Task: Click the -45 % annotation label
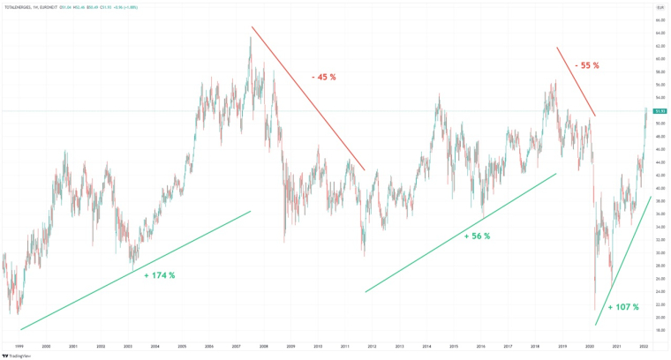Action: click(x=323, y=77)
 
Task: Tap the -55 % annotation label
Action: click(x=586, y=64)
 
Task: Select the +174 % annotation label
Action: click(x=159, y=275)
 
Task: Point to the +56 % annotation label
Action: click(x=476, y=236)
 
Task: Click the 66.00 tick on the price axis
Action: click(x=659, y=19)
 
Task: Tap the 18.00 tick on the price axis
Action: click(x=659, y=330)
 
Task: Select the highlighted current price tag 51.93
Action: click(x=659, y=110)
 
